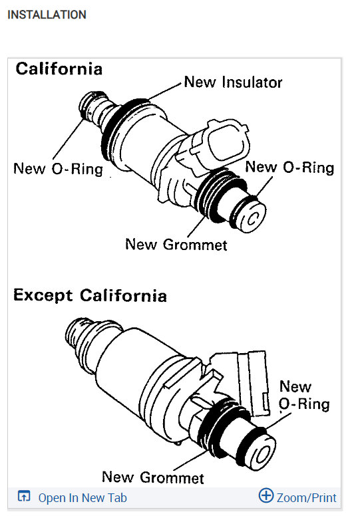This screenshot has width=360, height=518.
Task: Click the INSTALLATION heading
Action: point(47,14)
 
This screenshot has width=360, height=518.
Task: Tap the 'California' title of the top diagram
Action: point(59,68)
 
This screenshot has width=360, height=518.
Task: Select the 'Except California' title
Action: point(90,295)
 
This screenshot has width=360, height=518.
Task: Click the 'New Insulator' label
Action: point(233,82)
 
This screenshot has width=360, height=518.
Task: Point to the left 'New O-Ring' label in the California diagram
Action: point(58,169)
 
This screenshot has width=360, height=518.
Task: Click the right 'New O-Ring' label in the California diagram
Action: point(289,167)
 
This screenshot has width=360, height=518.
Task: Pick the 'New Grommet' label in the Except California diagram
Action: point(152,477)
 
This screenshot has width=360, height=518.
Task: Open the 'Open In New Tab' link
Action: point(82,497)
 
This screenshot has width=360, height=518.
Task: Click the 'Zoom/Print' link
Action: point(306,497)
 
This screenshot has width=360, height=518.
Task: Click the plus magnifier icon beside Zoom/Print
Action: point(266,496)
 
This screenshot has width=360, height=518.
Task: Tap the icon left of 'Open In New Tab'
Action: point(24,497)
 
